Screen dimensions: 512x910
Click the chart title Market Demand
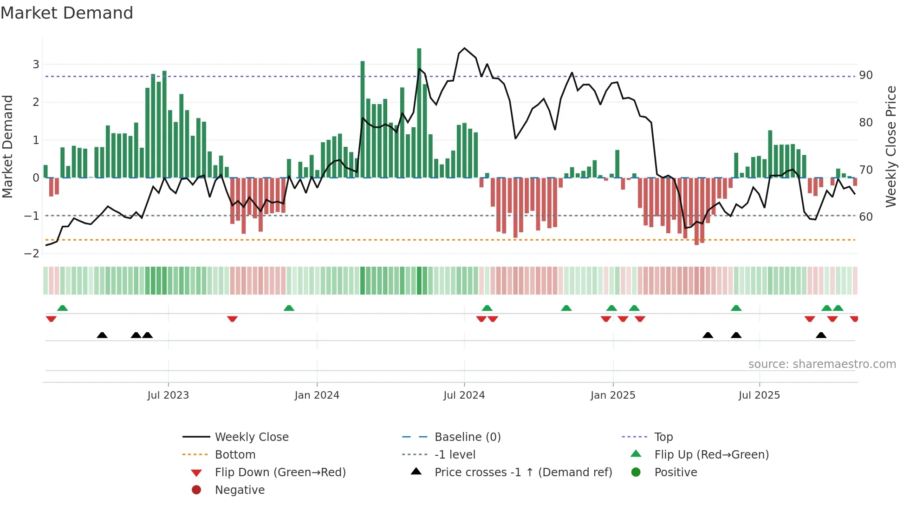(x=67, y=13)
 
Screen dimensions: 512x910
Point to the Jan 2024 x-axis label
(x=317, y=395)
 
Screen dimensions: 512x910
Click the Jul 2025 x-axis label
(x=759, y=395)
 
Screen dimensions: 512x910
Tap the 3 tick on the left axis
(x=36, y=64)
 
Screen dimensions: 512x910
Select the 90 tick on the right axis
(x=865, y=75)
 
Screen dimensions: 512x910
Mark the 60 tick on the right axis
(x=865, y=217)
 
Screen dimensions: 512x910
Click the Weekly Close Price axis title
(x=890, y=146)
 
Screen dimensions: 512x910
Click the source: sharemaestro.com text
(x=822, y=364)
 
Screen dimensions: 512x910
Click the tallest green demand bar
(x=419, y=112)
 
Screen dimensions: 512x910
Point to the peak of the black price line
(x=465, y=48)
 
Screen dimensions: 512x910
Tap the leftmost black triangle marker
(x=102, y=335)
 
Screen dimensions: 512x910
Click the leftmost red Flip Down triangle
(x=51, y=319)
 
